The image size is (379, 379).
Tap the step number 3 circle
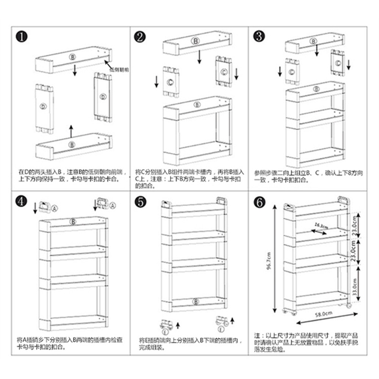(259, 36)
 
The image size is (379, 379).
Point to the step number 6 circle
(259, 202)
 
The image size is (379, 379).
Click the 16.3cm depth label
(320, 226)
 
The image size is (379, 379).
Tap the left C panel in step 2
(171, 82)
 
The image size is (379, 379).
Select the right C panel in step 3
(338, 63)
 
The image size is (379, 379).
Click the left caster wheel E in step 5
(166, 325)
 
